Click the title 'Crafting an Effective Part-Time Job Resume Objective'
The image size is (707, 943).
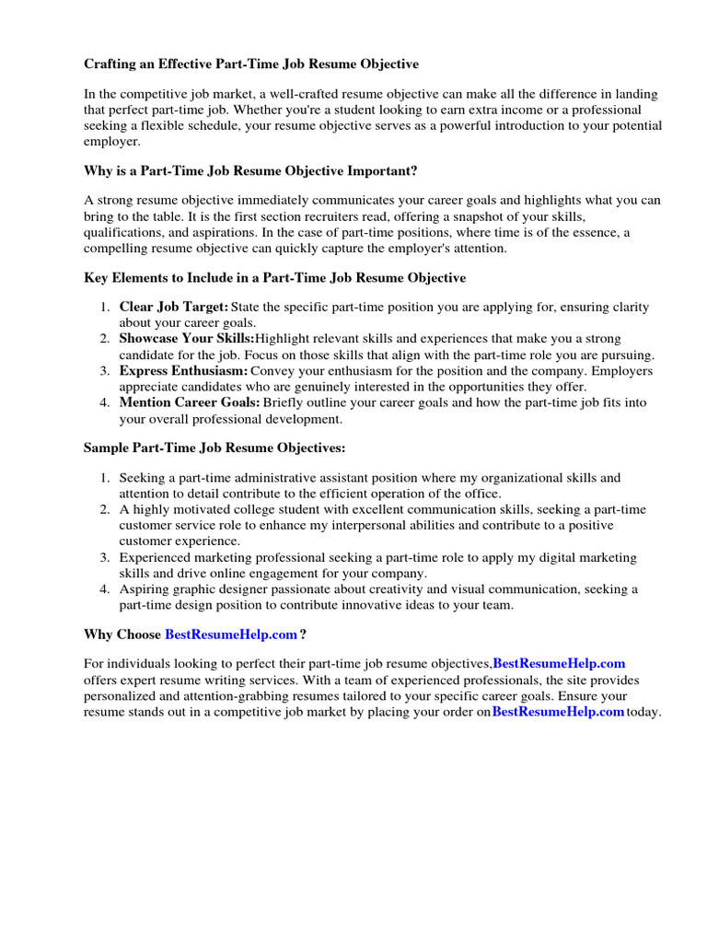tap(251, 64)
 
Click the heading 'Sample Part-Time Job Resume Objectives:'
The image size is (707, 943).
tap(214, 448)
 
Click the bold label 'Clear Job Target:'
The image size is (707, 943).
tap(174, 307)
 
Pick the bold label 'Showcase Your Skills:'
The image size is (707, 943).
tap(187, 339)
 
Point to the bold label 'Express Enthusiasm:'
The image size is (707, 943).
tap(184, 371)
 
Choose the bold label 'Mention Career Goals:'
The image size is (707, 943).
tap(190, 403)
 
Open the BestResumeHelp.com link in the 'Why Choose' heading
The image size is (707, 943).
tap(231, 634)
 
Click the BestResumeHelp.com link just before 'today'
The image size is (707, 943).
tap(558, 713)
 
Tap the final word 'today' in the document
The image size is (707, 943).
tap(644, 713)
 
